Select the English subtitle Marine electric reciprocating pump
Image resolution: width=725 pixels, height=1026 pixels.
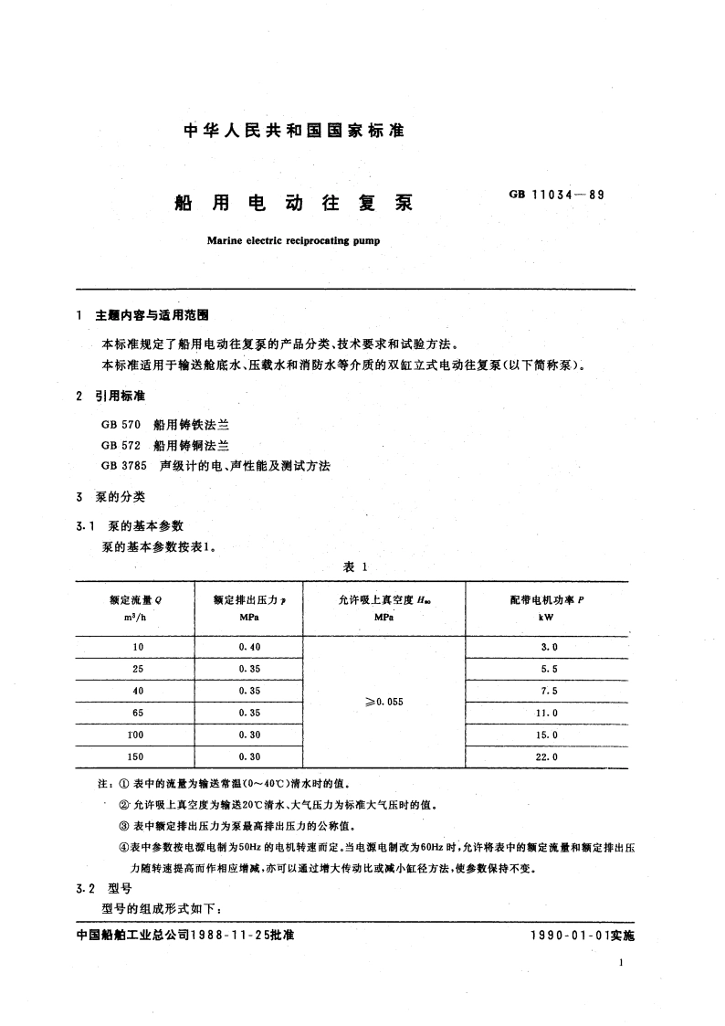click(292, 242)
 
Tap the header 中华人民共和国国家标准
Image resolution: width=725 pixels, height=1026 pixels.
click(293, 131)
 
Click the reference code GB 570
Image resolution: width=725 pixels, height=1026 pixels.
click(121, 425)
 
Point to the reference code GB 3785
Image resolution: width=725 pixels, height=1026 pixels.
click(123, 465)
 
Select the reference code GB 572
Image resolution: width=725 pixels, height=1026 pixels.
click(121, 445)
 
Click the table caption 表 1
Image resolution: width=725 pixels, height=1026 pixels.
click(354, 567)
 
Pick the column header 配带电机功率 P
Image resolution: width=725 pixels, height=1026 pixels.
click(547, 600)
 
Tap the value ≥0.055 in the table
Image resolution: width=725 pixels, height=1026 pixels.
click(384, 702)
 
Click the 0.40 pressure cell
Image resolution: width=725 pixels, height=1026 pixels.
click(249, 647)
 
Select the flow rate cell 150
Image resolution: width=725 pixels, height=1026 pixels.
click(139, 756)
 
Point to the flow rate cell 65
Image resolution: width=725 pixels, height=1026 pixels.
click(139, 713)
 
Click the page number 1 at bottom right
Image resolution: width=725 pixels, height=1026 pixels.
click(621, 964)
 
